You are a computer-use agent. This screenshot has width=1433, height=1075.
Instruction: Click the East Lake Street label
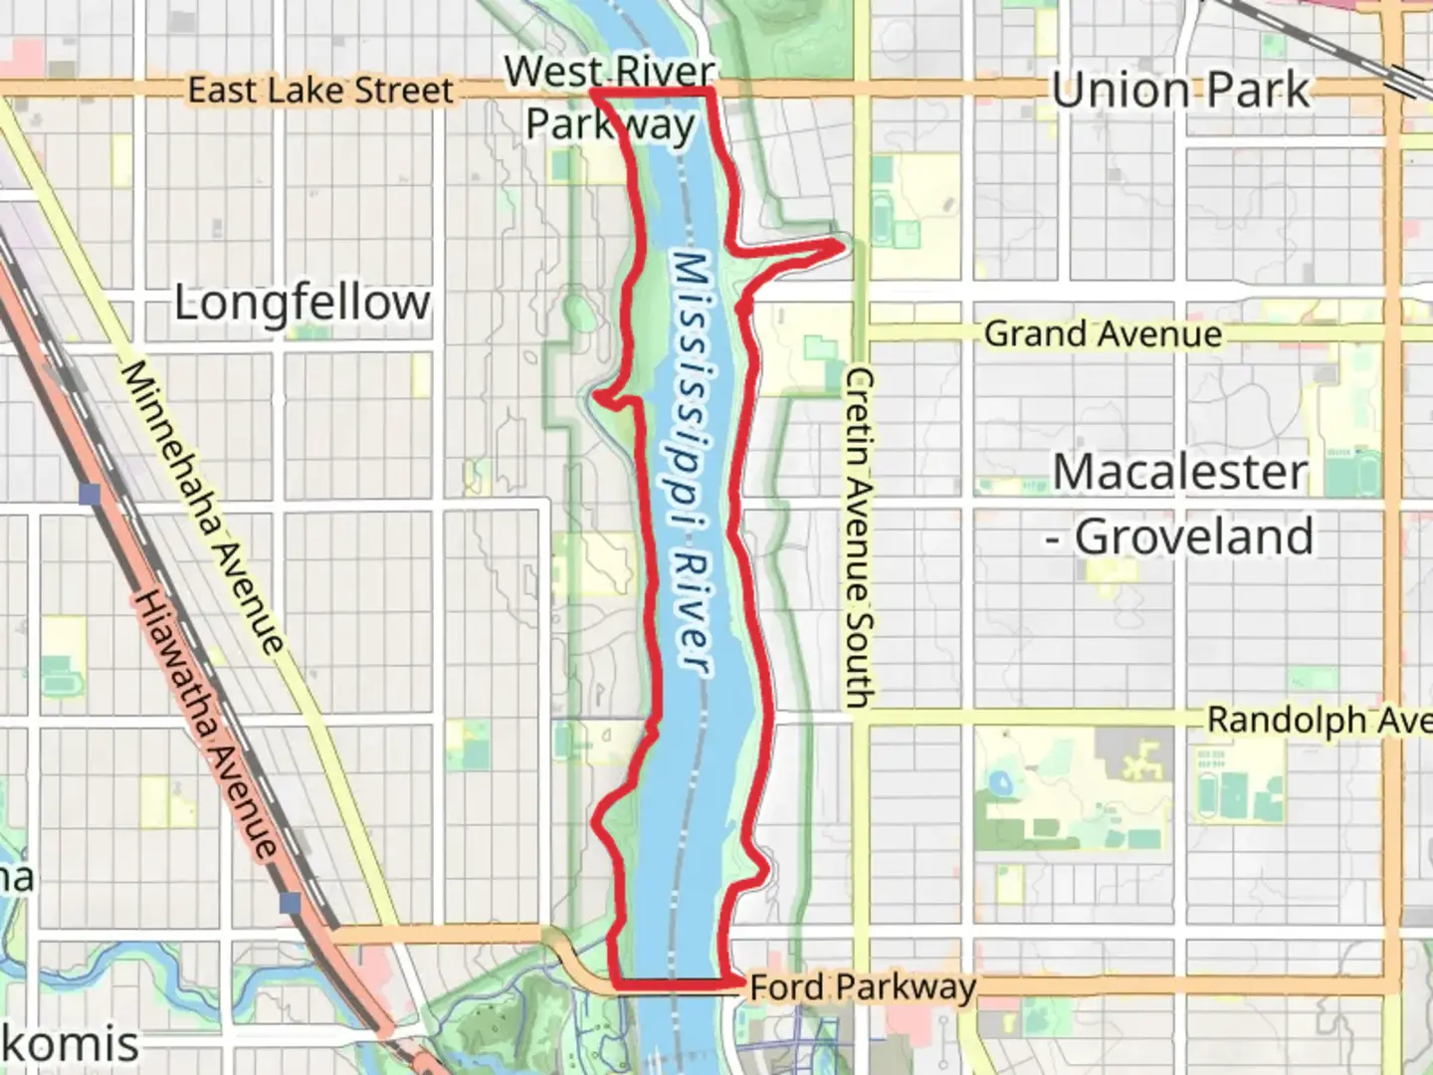tap(319, 91)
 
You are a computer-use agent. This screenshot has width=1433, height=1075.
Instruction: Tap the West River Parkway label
tap(609, 99)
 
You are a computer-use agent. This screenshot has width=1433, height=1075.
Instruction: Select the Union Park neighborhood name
tap(1180, 91)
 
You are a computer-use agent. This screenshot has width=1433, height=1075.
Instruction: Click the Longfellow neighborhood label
tap(303, 303)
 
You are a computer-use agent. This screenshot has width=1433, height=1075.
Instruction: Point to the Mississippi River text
tap(692, 463)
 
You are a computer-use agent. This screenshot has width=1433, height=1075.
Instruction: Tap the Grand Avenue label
tap(1103, 333)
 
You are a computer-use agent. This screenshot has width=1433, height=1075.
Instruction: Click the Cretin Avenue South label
tap(860, 537)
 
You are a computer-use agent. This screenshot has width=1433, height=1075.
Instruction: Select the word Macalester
tap(1180, 472)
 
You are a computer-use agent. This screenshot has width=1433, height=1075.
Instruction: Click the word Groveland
tap(1194, 537)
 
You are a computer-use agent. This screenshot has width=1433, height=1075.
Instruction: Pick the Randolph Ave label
tap(1319, 720)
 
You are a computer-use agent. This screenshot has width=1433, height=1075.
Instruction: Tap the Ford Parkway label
tap(862, 986)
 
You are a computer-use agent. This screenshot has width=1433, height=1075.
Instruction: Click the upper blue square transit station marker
tap(92, 494)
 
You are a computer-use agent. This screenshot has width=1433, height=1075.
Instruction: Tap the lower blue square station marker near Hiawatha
tap(290, 903)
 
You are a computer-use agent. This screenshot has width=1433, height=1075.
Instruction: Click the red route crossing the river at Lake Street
tap(652, 92)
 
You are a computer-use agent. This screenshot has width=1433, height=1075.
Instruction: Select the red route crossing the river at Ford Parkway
tap(677, 981)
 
